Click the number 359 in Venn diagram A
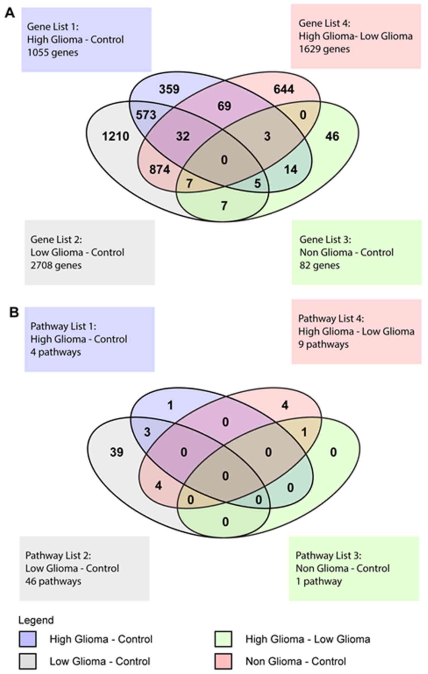[169, 89]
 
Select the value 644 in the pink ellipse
[284, 89]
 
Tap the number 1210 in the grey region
[115, 136]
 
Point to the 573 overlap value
[146, 115]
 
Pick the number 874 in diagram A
[159, 170]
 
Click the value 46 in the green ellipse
[332, 136]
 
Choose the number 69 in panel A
[224, 106]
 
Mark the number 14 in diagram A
[291, 170]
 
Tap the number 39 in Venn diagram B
[117, 452]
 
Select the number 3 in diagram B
[147, 432]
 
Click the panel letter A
[10, 13]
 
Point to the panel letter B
[14, 312]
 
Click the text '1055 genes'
[53, 52]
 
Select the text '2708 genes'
[56, 265]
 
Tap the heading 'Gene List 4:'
[324, 23]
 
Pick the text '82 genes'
[319, 265]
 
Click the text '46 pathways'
[53, 581]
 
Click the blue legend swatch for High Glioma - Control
[28, 639]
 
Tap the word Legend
[36, 620]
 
